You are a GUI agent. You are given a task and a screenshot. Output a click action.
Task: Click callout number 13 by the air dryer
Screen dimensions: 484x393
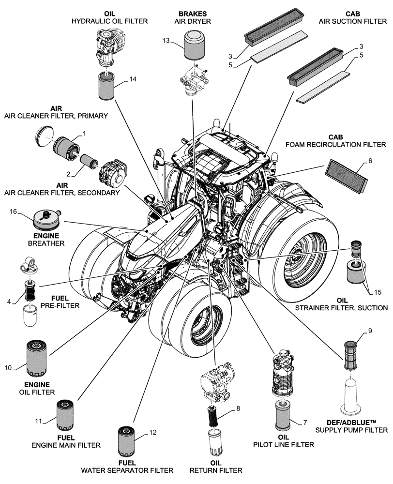(166, 41)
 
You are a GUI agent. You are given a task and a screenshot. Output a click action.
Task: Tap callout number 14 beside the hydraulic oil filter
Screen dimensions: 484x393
(132, 80)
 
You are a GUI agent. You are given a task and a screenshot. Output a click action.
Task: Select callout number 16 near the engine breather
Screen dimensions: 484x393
(14, 212)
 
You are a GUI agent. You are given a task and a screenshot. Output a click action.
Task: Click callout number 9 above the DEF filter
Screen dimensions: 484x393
(370, 331)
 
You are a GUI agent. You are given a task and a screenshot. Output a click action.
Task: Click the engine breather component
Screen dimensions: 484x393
(46, 220)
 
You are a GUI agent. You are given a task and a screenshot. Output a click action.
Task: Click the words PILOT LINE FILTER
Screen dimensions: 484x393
(276, 444)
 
